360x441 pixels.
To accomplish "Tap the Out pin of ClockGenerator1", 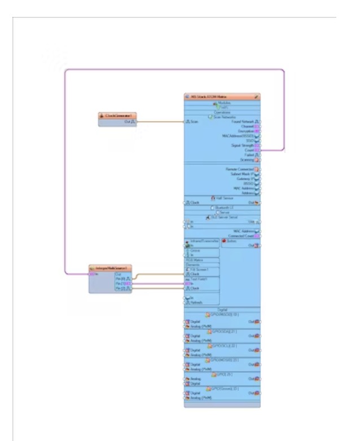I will [134, 121].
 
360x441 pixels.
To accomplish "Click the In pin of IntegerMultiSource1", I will [92, 274].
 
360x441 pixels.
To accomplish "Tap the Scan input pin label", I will [194, 121].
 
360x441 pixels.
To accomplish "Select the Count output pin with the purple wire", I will [257, 150].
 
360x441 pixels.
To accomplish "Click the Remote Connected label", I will [240, 169].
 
